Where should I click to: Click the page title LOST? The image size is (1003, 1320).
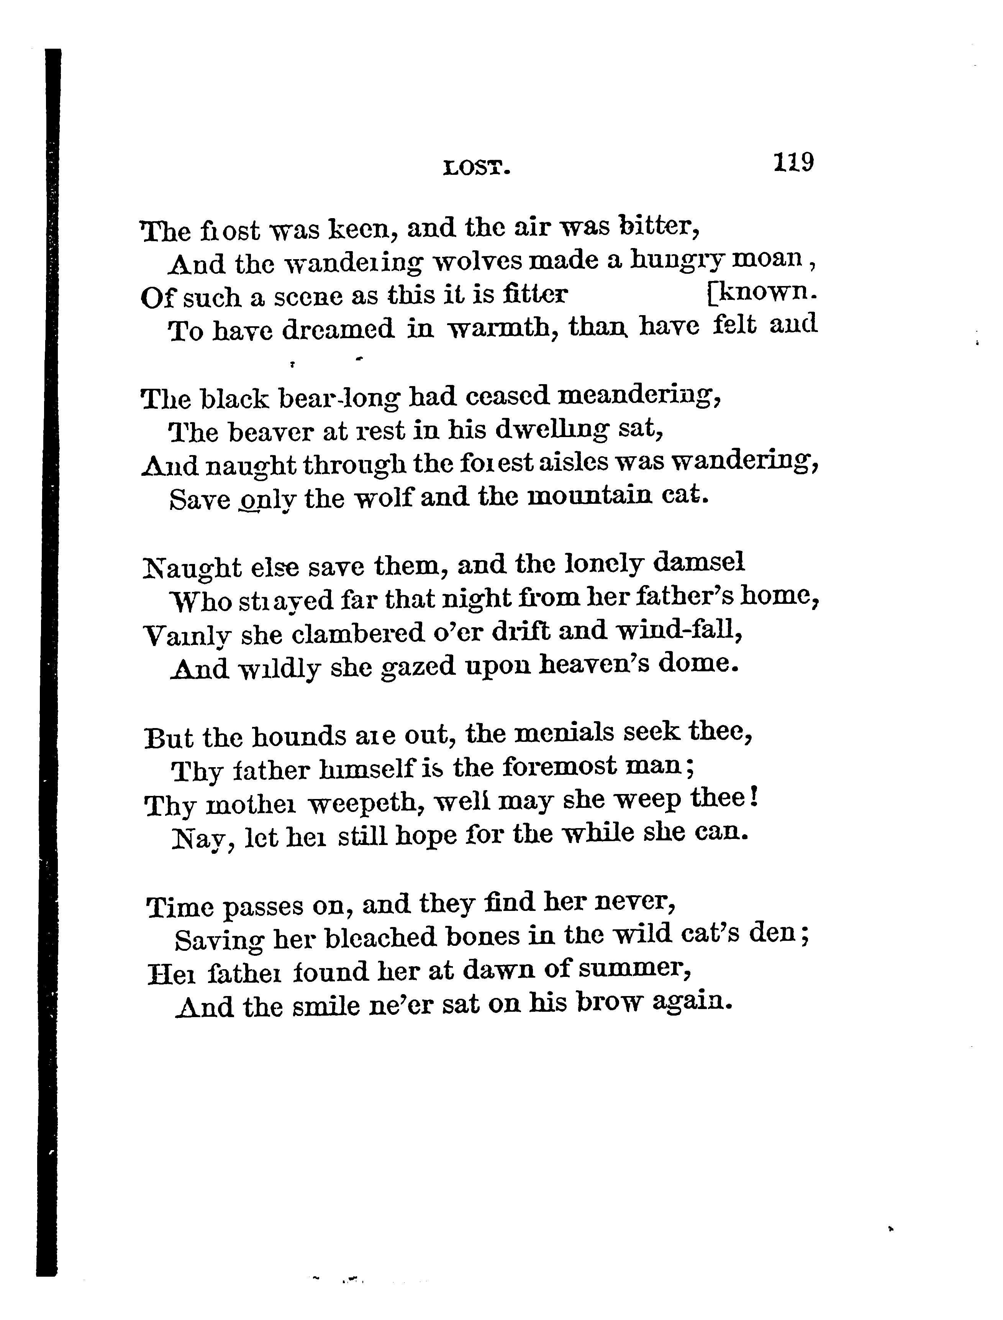point(477,169)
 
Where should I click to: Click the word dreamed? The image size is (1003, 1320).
point(338,329)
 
